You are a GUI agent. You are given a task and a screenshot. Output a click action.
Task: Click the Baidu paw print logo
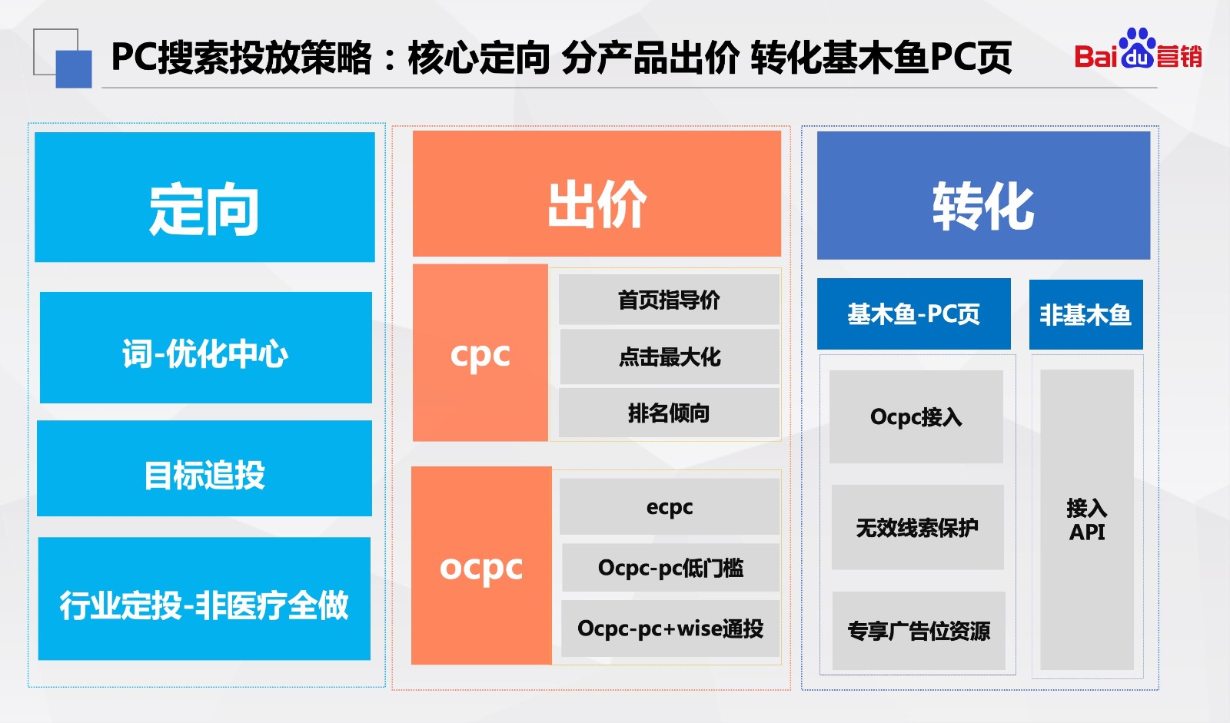pos(1137,48)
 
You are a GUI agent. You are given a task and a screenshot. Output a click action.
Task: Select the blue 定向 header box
pos(204,197)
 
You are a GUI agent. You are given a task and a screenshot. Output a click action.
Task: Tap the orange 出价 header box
pos(597,194)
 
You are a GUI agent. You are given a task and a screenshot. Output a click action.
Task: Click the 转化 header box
pos(983,195)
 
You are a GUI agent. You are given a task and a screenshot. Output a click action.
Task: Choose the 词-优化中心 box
pos(206,347)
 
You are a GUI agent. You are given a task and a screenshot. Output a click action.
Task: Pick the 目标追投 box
pos(204,468)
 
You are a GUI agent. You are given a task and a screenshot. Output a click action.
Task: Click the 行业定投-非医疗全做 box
pos(204,599)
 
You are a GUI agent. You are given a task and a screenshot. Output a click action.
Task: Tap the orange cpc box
pos(480,353)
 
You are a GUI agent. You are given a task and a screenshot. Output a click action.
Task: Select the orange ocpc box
pos(481,565)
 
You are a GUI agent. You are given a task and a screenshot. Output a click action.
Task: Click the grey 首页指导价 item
pos(669,300)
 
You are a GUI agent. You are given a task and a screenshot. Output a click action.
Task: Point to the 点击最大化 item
pos(670,357)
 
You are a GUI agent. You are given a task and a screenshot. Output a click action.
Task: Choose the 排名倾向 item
pos(669,413)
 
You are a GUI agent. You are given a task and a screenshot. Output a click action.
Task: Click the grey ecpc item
pos(670,506)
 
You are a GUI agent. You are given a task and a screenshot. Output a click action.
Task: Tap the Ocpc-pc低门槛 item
pos(670,568)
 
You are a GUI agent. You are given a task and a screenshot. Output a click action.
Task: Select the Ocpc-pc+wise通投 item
pos(670,628)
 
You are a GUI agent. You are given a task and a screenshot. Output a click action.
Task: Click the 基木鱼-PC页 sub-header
pos(914,313)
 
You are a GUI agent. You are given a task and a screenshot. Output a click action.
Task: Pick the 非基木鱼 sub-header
pos(1085,314)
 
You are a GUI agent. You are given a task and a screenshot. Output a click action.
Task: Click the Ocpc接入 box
pos(916,416)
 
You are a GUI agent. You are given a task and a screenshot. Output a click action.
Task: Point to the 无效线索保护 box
pos(918,527)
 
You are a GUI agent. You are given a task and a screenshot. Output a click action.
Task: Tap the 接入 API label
pos(1087,519)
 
